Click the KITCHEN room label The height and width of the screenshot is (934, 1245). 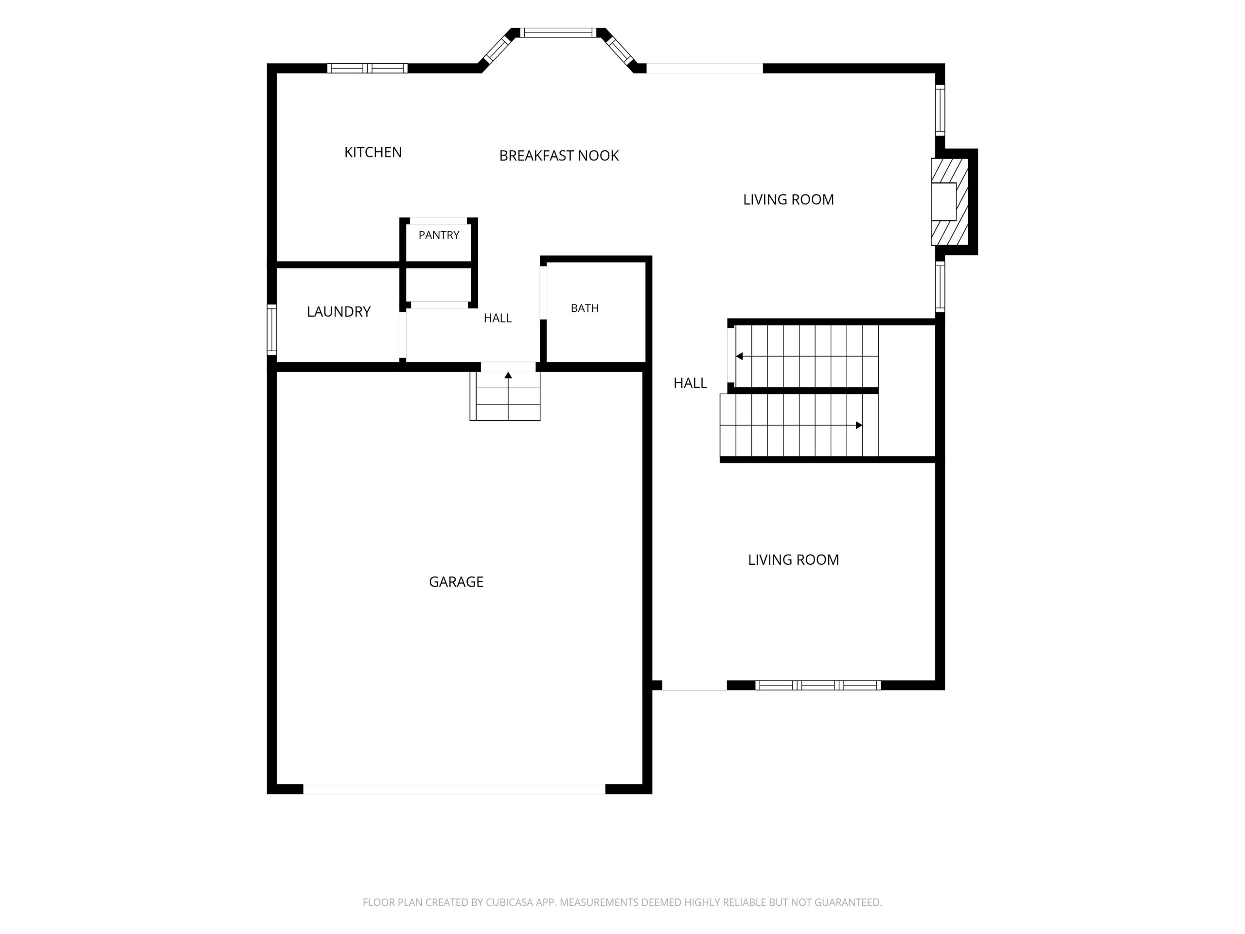coord(373,152)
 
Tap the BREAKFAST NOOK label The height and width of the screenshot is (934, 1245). coord(559,155)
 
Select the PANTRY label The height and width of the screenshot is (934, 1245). coord(439,235)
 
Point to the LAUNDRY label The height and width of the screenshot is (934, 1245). coord(338,311)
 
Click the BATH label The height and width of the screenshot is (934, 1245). coord(585,308)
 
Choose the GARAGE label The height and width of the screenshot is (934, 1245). coord(456,582)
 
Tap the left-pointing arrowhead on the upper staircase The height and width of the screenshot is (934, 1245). coord(739,357)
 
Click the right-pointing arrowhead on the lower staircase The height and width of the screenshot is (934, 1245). coord(859,425)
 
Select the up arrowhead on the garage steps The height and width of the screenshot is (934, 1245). coord(508,375)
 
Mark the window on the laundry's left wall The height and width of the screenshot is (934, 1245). coord(272,329)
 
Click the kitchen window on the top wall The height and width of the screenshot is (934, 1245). coord(368,68)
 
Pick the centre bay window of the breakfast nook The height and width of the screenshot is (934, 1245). coord(558,33)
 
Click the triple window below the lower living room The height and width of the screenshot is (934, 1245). coord(818,685)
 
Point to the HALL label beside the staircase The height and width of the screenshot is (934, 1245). coord(690,383)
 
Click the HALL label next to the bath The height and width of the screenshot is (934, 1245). coord(498,318)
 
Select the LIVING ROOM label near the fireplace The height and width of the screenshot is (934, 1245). coord(788,199)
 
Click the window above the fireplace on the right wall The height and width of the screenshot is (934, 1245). coord(940,110)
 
